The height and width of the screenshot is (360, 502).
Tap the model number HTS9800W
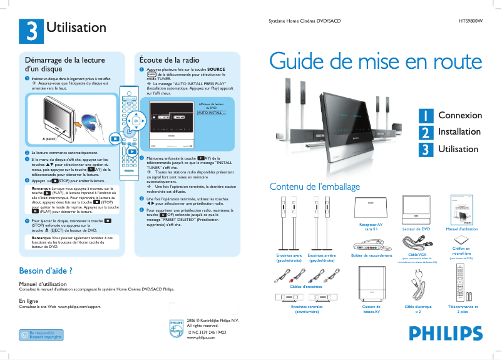pyautogui.click(x=470, y=22)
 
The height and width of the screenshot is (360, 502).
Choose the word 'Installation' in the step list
pyautogui.click(x=459, y=132)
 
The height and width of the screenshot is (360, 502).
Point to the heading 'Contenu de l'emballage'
pyautogui.click(x=314, y=187)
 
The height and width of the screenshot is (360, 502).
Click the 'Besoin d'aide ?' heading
pyautogui.click(x=46, y=271)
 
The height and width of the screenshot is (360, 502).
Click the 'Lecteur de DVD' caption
pyautogui.click(x=416, y=230)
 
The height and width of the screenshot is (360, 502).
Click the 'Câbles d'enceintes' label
pyautogui.click(x=306, y=286)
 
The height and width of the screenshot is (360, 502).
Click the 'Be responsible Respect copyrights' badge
pyautogui.click(x=41, y=335)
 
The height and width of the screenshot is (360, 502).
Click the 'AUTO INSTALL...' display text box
pyautogui.click(x=211, y=113)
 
